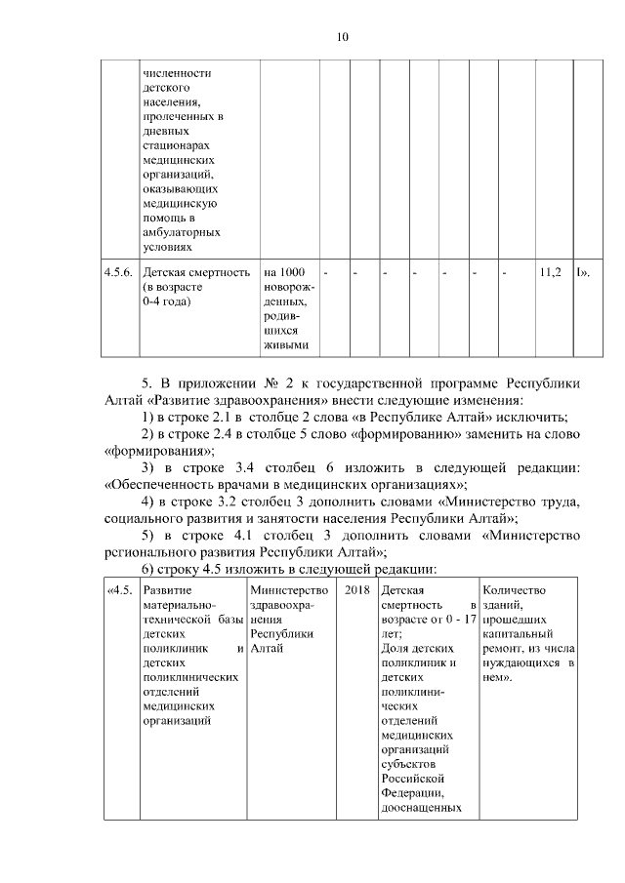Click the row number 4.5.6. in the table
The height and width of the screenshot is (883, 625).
[x=119, y=271]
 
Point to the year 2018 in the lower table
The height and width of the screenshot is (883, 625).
[x=356, y=590]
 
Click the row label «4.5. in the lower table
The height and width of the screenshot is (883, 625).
[x=120, y=590]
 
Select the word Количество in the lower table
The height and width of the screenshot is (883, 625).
[x=515, y=590]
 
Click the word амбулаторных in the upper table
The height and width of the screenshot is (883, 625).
[x=181, y=233]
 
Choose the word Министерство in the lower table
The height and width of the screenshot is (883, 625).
[x=288, y=590]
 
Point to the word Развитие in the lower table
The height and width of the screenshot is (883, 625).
[x=167, y=590]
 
